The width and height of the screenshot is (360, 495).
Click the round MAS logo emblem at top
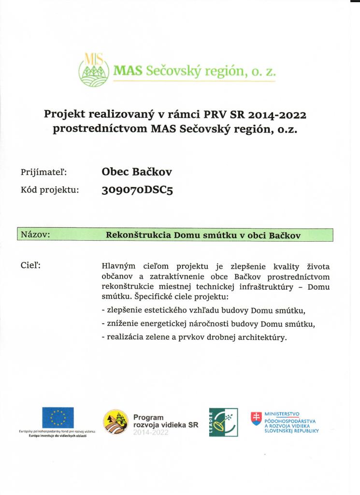click(94, 70)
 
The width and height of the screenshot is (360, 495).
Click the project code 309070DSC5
click(137, 190)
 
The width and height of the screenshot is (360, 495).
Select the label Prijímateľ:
click(43, 172)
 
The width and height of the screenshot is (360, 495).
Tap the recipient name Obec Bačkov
click(137, 171)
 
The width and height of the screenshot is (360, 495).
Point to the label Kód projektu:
click(50, 190)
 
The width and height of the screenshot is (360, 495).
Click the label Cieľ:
click(30, 265)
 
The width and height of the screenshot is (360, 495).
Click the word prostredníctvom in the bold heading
click(99, 130)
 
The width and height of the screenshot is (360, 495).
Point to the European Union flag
click(58, 418)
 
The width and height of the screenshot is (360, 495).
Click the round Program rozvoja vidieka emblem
click(115, 421)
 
